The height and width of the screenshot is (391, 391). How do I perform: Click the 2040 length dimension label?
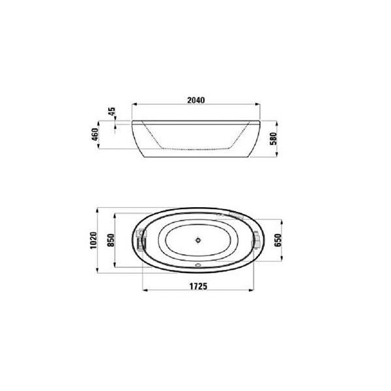196,100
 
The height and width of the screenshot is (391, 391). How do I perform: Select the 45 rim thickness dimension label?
112,111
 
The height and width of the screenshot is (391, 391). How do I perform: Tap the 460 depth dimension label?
95,134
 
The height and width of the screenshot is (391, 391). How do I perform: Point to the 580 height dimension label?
274,139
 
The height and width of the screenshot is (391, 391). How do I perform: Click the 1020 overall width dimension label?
93,240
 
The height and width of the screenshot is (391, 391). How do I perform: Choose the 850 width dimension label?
111,240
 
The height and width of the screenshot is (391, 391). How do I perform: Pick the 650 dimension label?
278,240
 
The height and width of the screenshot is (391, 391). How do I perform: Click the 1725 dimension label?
198,286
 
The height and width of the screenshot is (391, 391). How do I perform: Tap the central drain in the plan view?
198,240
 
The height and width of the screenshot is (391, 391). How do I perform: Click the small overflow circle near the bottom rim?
198,265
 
